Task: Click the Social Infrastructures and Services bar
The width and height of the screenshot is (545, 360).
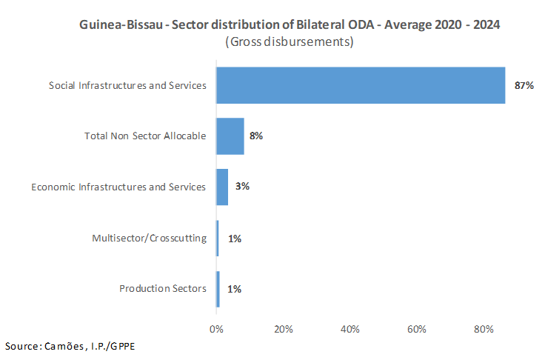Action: coord(361,85)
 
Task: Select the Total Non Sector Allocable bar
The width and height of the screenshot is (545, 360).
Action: coord(230,136)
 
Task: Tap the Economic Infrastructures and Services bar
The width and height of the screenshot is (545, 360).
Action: coord(222,187)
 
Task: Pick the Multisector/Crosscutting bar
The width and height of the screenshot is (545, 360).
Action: coord(218,239)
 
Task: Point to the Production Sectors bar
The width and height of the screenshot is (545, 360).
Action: coord(218,289)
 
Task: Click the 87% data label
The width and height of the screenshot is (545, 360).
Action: coord(524,86)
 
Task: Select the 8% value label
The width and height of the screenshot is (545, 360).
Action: coord(257,136)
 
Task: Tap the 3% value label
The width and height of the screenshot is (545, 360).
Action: coord(242,187)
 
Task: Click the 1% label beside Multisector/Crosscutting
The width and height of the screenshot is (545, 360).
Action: coord(235,239)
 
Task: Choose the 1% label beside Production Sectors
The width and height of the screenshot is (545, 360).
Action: coord(235,289)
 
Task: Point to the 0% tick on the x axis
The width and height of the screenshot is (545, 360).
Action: coord(216,329)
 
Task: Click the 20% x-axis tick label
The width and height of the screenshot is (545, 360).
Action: coord(283,329)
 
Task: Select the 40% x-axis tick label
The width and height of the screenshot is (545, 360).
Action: coord(350,329)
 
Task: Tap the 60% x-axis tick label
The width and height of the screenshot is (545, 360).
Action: coord(417,329)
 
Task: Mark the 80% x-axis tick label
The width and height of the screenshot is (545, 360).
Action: coord(484,329)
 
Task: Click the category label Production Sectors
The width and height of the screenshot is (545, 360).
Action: coord(162,289)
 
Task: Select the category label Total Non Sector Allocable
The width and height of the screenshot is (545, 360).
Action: coord(145,136)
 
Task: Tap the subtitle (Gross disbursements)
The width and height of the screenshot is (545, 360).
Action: coord(289,41)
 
